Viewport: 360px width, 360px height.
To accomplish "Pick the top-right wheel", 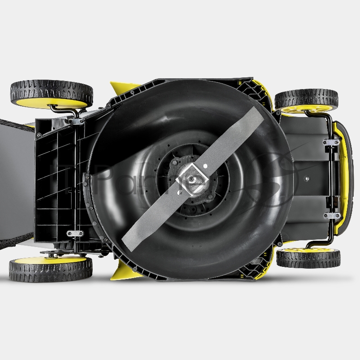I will pos(306,100).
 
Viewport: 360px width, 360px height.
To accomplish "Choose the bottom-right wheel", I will pos(308,257).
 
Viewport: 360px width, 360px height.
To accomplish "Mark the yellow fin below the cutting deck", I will pos(124,272).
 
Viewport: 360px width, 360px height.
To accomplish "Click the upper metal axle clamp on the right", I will pos(332,142).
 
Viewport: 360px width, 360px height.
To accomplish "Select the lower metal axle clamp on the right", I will pos(332,216).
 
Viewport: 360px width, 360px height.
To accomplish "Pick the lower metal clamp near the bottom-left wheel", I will pos(74,233).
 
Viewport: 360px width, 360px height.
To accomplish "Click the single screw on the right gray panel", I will pos(307,179).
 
